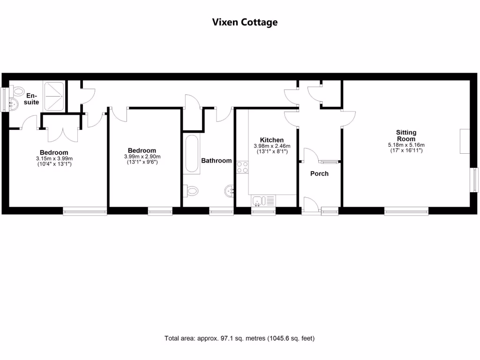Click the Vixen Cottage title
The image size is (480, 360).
click(x=245, y=22)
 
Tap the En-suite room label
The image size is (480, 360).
click(x=32, y=99)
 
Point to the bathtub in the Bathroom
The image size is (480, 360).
click(x=192, y=154)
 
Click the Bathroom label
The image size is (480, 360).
click(x=216, y=160)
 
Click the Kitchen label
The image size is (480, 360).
click(x=272, y=140)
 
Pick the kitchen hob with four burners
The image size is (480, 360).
click(x=242, y=167)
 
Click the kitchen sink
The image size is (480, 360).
click(x=258, y=202)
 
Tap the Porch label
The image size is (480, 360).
click(x=319, y=173)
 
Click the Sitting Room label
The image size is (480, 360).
click(x=406, y=135)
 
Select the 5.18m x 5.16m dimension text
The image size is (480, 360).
click(x=406, y=145)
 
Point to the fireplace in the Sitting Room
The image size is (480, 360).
click(x=465, y=141)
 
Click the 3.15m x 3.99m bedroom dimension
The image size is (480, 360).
click(x=54, y=158)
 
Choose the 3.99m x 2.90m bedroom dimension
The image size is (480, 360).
click(x=142, y=157)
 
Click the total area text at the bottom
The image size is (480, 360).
click(x=240, y=338)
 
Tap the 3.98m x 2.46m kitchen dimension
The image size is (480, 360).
click(x=272, y=146)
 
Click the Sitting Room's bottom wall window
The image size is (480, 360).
click(x=406, y=211)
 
